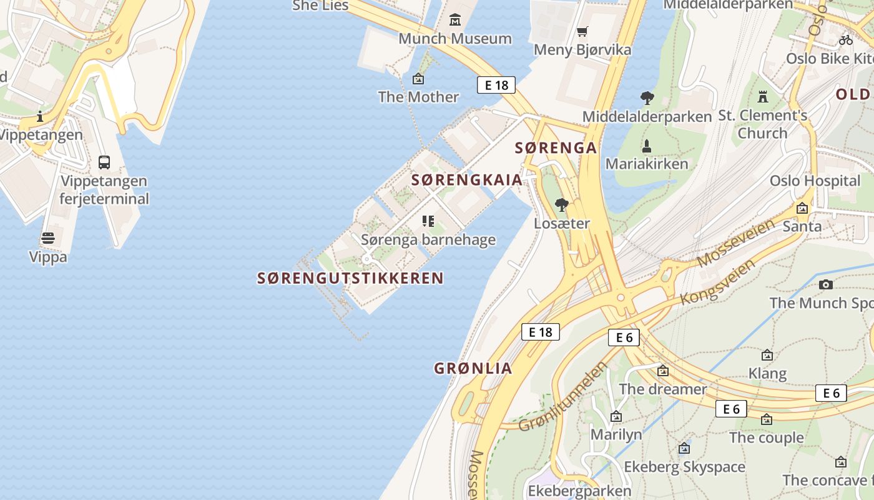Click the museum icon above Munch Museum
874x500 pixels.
pyautogui.click(x=455, y=20)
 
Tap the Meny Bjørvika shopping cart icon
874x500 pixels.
pyautogui.click(x=582, y=31)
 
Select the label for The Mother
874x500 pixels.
pyautogui.click(x=418, y=97)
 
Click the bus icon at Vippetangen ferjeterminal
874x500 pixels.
pyautogui.click(x=104, y=162)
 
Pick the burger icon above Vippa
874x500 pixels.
pyautogui.click(x=48, y=238)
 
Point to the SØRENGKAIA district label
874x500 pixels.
pyautogui.click(x=466, y=180)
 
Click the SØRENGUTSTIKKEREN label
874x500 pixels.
pyautogui.click(x=350, y=278)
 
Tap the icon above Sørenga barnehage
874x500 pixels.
pyautogui.click(x=428, y=221)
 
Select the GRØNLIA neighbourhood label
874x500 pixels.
pyautogui.click(x=473, y=368)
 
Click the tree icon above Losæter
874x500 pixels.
pyautogui.click(x=562, y=204)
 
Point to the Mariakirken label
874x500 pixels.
pyautogui.click(x=647, y=164)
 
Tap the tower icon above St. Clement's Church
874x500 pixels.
pyautogui.click(x=762, y=97)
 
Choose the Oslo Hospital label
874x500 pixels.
pyautogui.click(x=815, y=181)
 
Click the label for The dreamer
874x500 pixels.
pyautogui.click(x=662, y=389)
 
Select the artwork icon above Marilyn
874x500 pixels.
pyautogui.click(x=616, y=416)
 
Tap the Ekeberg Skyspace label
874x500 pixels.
pyautogui.click(x=684, y=467)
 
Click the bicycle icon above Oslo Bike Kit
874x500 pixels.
pyautogui.click(x=846, y=40)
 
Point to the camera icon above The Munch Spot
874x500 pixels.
pyautogui.click(x=826, y=285)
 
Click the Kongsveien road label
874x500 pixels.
pyautogui.click(x=718, y=282)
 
